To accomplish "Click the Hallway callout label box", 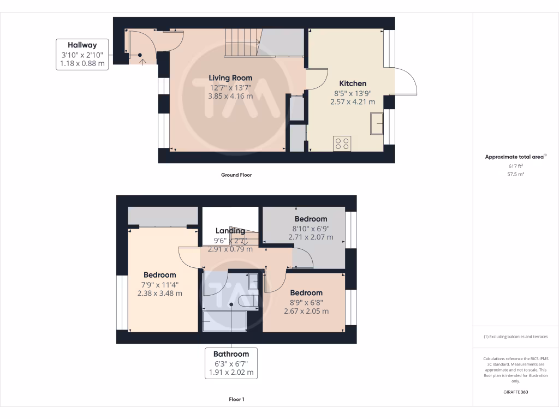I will tap(82, 54).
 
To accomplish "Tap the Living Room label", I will tap(230, 78).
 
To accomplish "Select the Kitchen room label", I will tap(353, 83).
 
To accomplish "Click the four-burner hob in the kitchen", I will tap(343, 143).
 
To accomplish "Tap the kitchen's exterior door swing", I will tap(405, 82).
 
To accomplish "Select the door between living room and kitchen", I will tap(316, 78).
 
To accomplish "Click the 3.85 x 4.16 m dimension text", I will tap(230, 96).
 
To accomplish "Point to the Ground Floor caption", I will tap(236, 175).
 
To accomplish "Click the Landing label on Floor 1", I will tap(230, 231).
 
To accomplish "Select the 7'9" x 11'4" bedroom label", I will tap(160, 275).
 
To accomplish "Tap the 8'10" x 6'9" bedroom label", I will tap(311, 219).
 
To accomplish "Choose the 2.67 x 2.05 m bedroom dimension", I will tap(306, 311).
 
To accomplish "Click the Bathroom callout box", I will tap(231, 363).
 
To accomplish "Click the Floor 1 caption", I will tap(236, 399).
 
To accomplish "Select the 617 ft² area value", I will tap(515, 166).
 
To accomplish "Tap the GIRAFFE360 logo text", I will tap(515, 392).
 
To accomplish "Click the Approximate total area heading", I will tap(515, 157).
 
